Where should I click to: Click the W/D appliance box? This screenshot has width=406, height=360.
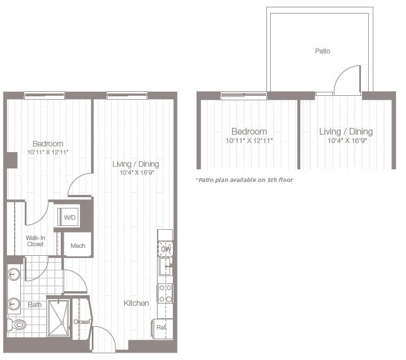click(69, 217)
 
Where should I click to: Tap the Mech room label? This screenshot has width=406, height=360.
click(78, 245)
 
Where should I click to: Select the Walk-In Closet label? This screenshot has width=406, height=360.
click(35, 241)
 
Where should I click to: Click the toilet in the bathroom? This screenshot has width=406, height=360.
click(17, 325)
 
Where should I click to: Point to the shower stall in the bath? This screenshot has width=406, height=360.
click(58, 318)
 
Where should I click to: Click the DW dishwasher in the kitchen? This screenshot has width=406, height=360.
click(166, 248)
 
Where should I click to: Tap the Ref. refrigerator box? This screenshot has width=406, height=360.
click(162, 327)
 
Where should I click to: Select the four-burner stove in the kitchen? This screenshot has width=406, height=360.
click(166, 293)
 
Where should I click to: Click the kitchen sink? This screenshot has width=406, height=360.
click(164, 266)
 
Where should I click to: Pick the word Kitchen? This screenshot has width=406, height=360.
click(137, 303)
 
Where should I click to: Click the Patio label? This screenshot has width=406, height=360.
click(323, 51)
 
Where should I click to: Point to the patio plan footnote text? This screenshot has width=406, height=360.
click(244, 180)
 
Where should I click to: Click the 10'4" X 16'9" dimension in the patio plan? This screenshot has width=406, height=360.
click(346, 141)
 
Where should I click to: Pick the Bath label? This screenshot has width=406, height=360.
click(34, 305)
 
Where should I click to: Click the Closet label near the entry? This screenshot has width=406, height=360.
click(82, 322)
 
